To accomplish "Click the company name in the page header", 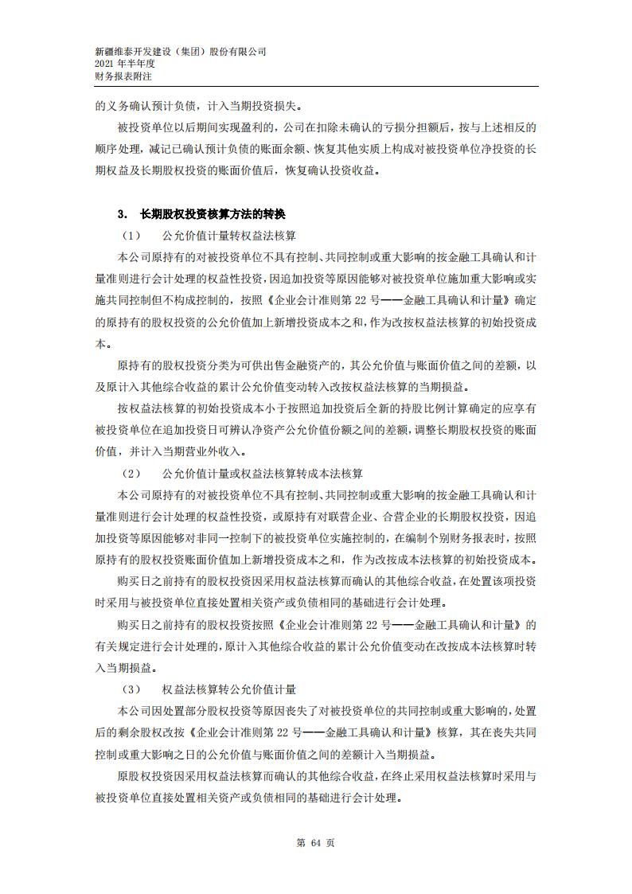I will [x=180, y=51].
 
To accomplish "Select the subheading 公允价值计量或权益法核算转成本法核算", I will [x=262, y=473].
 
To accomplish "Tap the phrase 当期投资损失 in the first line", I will [x=266, y=105].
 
